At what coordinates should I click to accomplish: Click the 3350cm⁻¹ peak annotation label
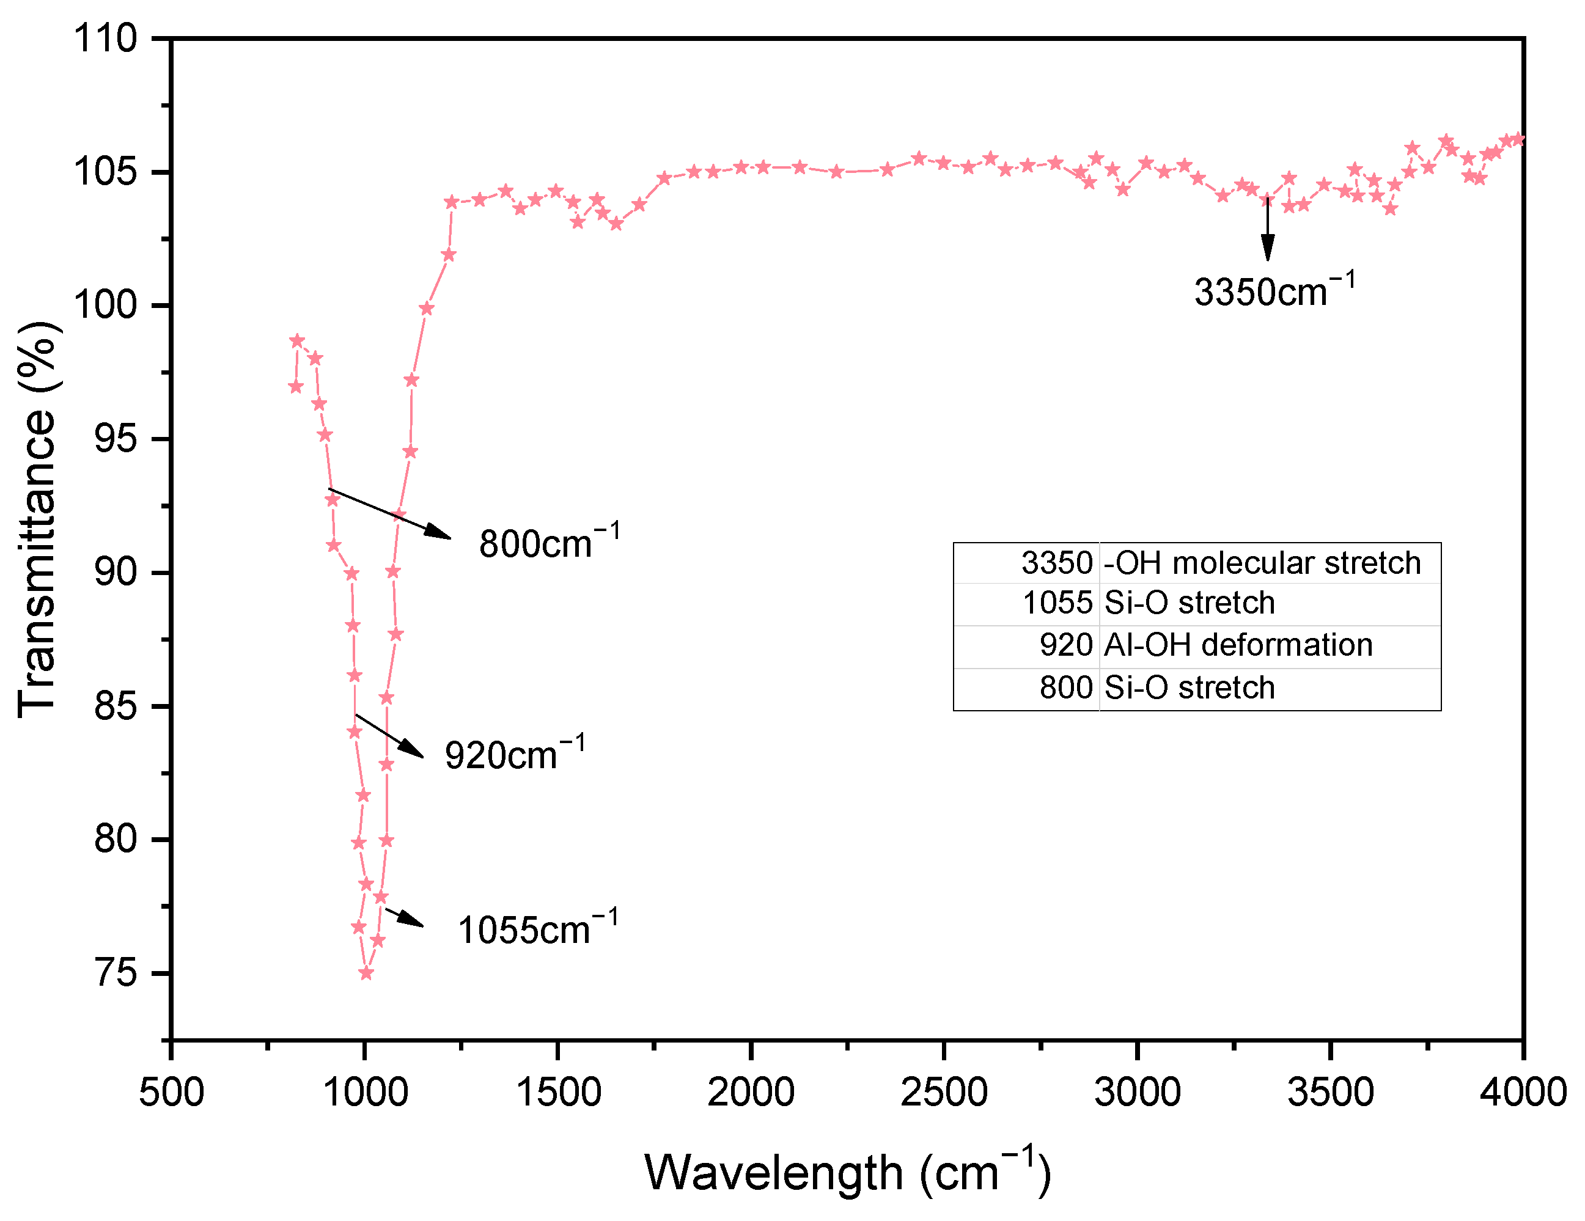coord(1274,291)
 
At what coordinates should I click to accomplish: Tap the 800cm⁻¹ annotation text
coord(549,543)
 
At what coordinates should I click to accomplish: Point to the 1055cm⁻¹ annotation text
coord(537,930)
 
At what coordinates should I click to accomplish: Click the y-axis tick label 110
coord(105,38)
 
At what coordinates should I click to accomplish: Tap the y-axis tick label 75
coord(116,973)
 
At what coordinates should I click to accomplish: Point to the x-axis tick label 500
coord(171,1093)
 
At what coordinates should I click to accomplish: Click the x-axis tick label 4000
coord(1523,1093)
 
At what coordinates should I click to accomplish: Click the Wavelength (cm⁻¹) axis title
coord(847,1173)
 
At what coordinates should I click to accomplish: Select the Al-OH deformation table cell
coord(1238,645)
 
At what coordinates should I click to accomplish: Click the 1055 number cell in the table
coord(1057,603)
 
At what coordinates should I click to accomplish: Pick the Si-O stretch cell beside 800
coord(1189,687)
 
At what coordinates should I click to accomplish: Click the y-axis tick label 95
coord(116,439)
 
